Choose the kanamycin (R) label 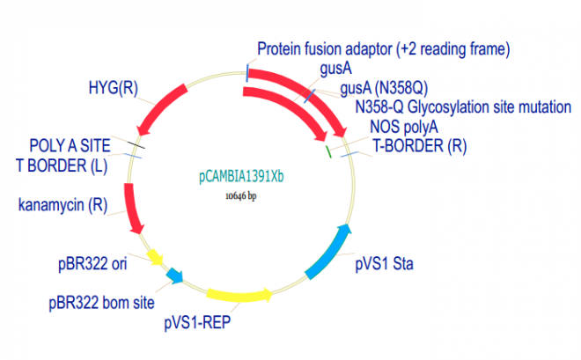point(63,206)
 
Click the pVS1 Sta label point(387,262)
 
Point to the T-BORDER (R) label point(419,145)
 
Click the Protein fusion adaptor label point(384,48)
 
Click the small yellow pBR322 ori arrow point(155,257)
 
